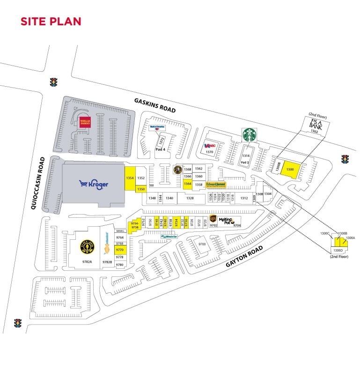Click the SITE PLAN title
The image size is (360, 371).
tap(51, 21)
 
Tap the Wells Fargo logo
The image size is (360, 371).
tap(85, 122)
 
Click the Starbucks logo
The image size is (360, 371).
tap(250, 135)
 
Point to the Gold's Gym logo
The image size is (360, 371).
tap(87, 245)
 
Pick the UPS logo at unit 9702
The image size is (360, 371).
tap(213, 219)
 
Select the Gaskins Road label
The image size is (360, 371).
tap(154, 105)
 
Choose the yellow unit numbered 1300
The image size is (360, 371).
tap(290, 169)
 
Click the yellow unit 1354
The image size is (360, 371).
tap(130, 178)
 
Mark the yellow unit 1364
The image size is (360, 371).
tap(187, 184)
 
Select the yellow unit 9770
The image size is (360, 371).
tap(119, 251)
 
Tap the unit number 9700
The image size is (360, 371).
tap(202, 245)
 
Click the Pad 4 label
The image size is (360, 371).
tap(161, 150)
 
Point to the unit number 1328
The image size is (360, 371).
tap(190, 198)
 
